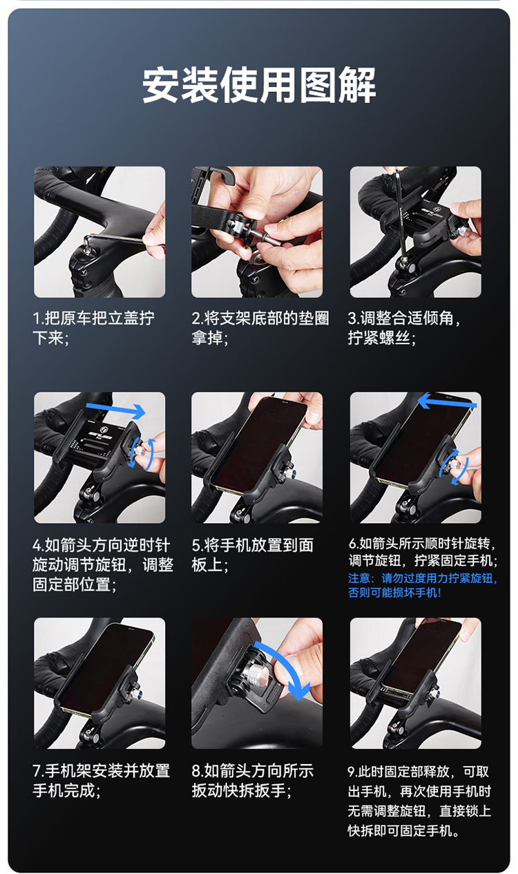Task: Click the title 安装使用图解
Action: click(x=259, y=85)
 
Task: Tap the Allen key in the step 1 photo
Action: click(x=117, y=239)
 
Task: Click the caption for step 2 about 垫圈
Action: click(x=260, y=328)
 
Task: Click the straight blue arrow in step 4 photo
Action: click(x=115, y=410)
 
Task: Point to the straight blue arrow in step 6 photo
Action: click(x=447, y=402)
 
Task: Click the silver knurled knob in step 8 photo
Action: click(x=256, y=672)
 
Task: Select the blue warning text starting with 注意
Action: click(x=423, y=586)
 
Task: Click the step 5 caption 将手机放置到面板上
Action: click(x=252, y=555)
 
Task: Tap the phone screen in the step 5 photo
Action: click(x=258, y=444)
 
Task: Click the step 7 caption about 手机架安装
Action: click(x=102, y=781)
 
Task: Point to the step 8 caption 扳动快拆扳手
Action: click(x=252, y=781)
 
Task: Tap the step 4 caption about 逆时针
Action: click(x=103, y=564)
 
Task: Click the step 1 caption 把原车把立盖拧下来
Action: click(x=94, y=328)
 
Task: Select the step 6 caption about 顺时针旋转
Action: click(x=423, y=552)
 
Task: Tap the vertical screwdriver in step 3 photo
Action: click(x=401, y=215)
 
